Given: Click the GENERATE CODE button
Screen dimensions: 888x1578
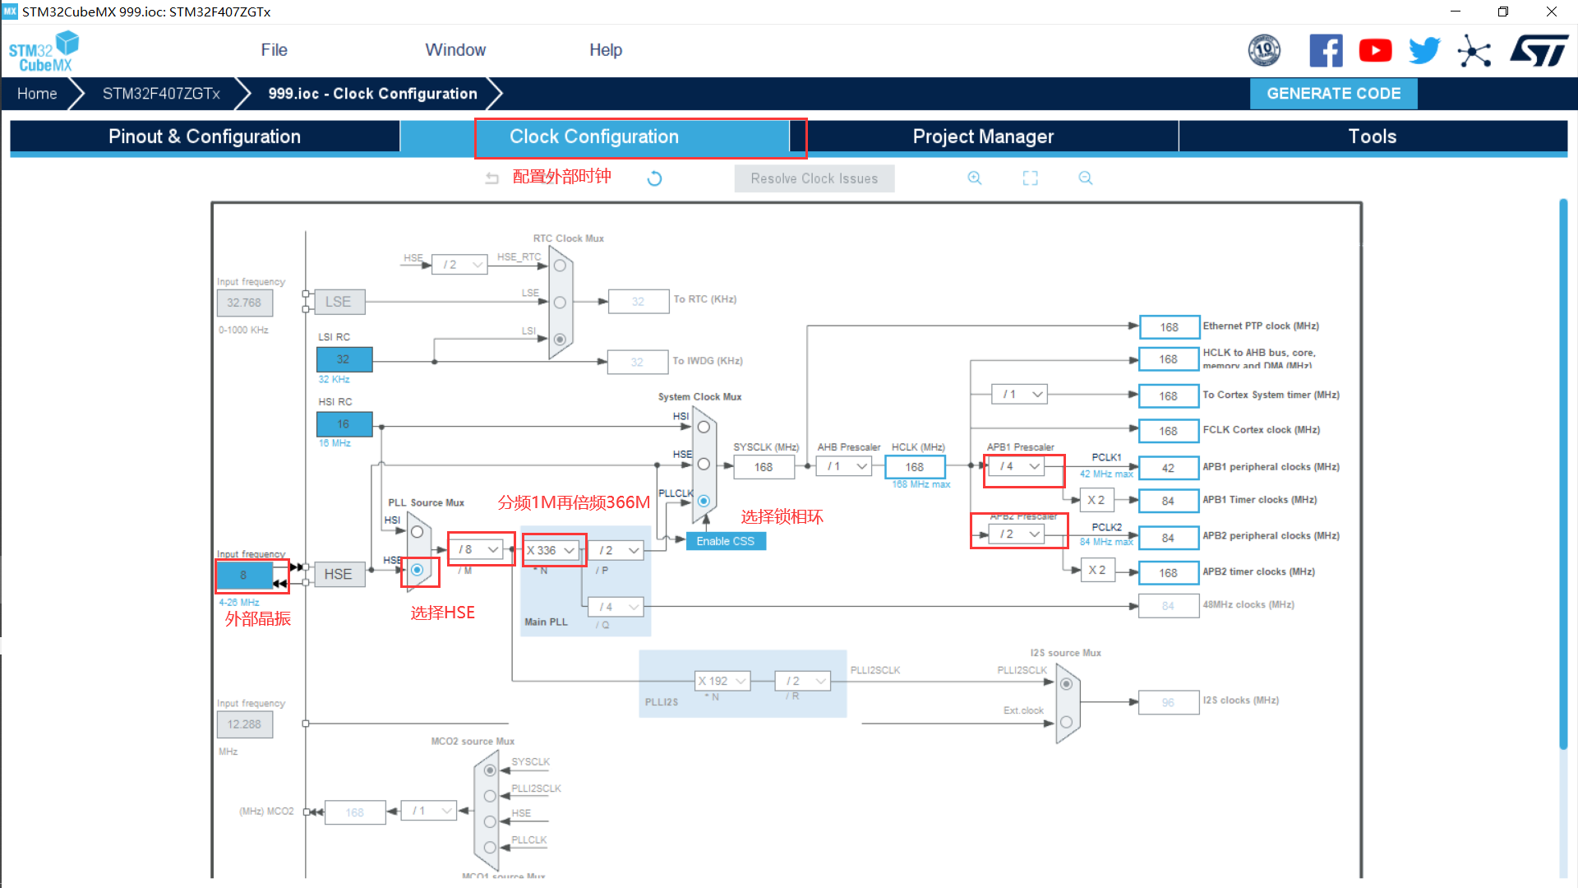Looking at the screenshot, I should pyautogui.click(x=1333, y=94).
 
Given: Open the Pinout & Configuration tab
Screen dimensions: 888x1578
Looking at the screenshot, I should pyautogui.click(x=205, y=136).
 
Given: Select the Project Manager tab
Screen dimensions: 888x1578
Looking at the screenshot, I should pyautogui.click(x=983, y=136).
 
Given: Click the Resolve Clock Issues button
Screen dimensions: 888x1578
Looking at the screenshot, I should pyautogui.click(x=814, y=178).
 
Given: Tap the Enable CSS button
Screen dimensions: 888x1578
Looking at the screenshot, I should pyautogui.click(x=725, y=541).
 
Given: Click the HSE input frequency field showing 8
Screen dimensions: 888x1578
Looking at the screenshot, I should pyautogui.click(x=243, y=575).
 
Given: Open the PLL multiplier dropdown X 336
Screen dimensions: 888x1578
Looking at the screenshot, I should pyautogui.click(x=551, y=550).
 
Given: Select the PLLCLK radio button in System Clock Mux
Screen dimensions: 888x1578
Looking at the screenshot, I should pyautogui.click(x=704, y=501).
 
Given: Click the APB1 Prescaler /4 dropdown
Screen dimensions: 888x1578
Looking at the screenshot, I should pyautogui.click(x=1020, y=466).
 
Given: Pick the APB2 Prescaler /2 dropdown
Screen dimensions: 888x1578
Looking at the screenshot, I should pyautogui.click(x=1020, y=534).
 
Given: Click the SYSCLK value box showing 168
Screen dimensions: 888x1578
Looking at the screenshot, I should pyautogui.click(x=764, y=467).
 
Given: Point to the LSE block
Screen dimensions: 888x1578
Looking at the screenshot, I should pyautogui.click(x=338, y=302).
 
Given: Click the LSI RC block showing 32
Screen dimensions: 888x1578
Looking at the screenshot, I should pyautogui.click(x=344, y=359).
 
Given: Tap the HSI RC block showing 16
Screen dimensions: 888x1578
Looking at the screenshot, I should pyautogui.click(x=344, y=424).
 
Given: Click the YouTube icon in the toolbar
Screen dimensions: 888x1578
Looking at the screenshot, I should pyautogui.click(x=1375, y=51).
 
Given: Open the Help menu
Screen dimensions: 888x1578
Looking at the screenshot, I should pyautogui.click(x=606, y=50).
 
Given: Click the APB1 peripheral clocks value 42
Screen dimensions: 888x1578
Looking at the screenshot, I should pyautogui.click(x=1168, y=468).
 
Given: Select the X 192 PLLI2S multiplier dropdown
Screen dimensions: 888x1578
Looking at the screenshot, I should pyautogui.click(x=722, y=681).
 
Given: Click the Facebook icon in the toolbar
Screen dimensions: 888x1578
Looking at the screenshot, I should pyautogui.click(x=1326, y=51).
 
